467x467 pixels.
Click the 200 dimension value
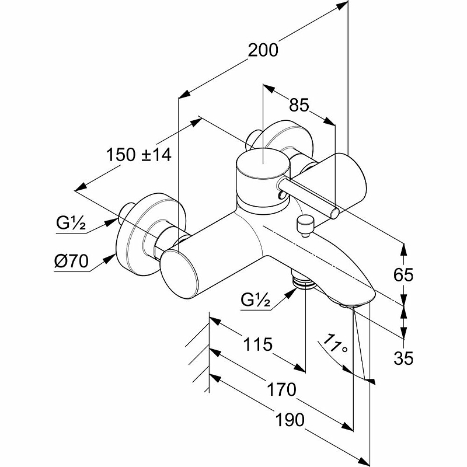[263, 50]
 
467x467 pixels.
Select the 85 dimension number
[299, 105]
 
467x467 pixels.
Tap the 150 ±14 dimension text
[139, 155]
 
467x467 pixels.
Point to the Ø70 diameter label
[71, 261]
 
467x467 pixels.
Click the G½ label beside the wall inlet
[71, 223]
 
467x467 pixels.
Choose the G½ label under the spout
[256, 299]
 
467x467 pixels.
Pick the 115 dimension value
[258, 344]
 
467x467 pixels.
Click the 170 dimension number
[281, 389]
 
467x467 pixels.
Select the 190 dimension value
[290, 420]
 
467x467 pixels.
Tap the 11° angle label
[335, 344]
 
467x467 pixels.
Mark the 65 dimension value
[403, 274]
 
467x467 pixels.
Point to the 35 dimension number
[403, 358]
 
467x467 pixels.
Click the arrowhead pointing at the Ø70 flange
[109, 260]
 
